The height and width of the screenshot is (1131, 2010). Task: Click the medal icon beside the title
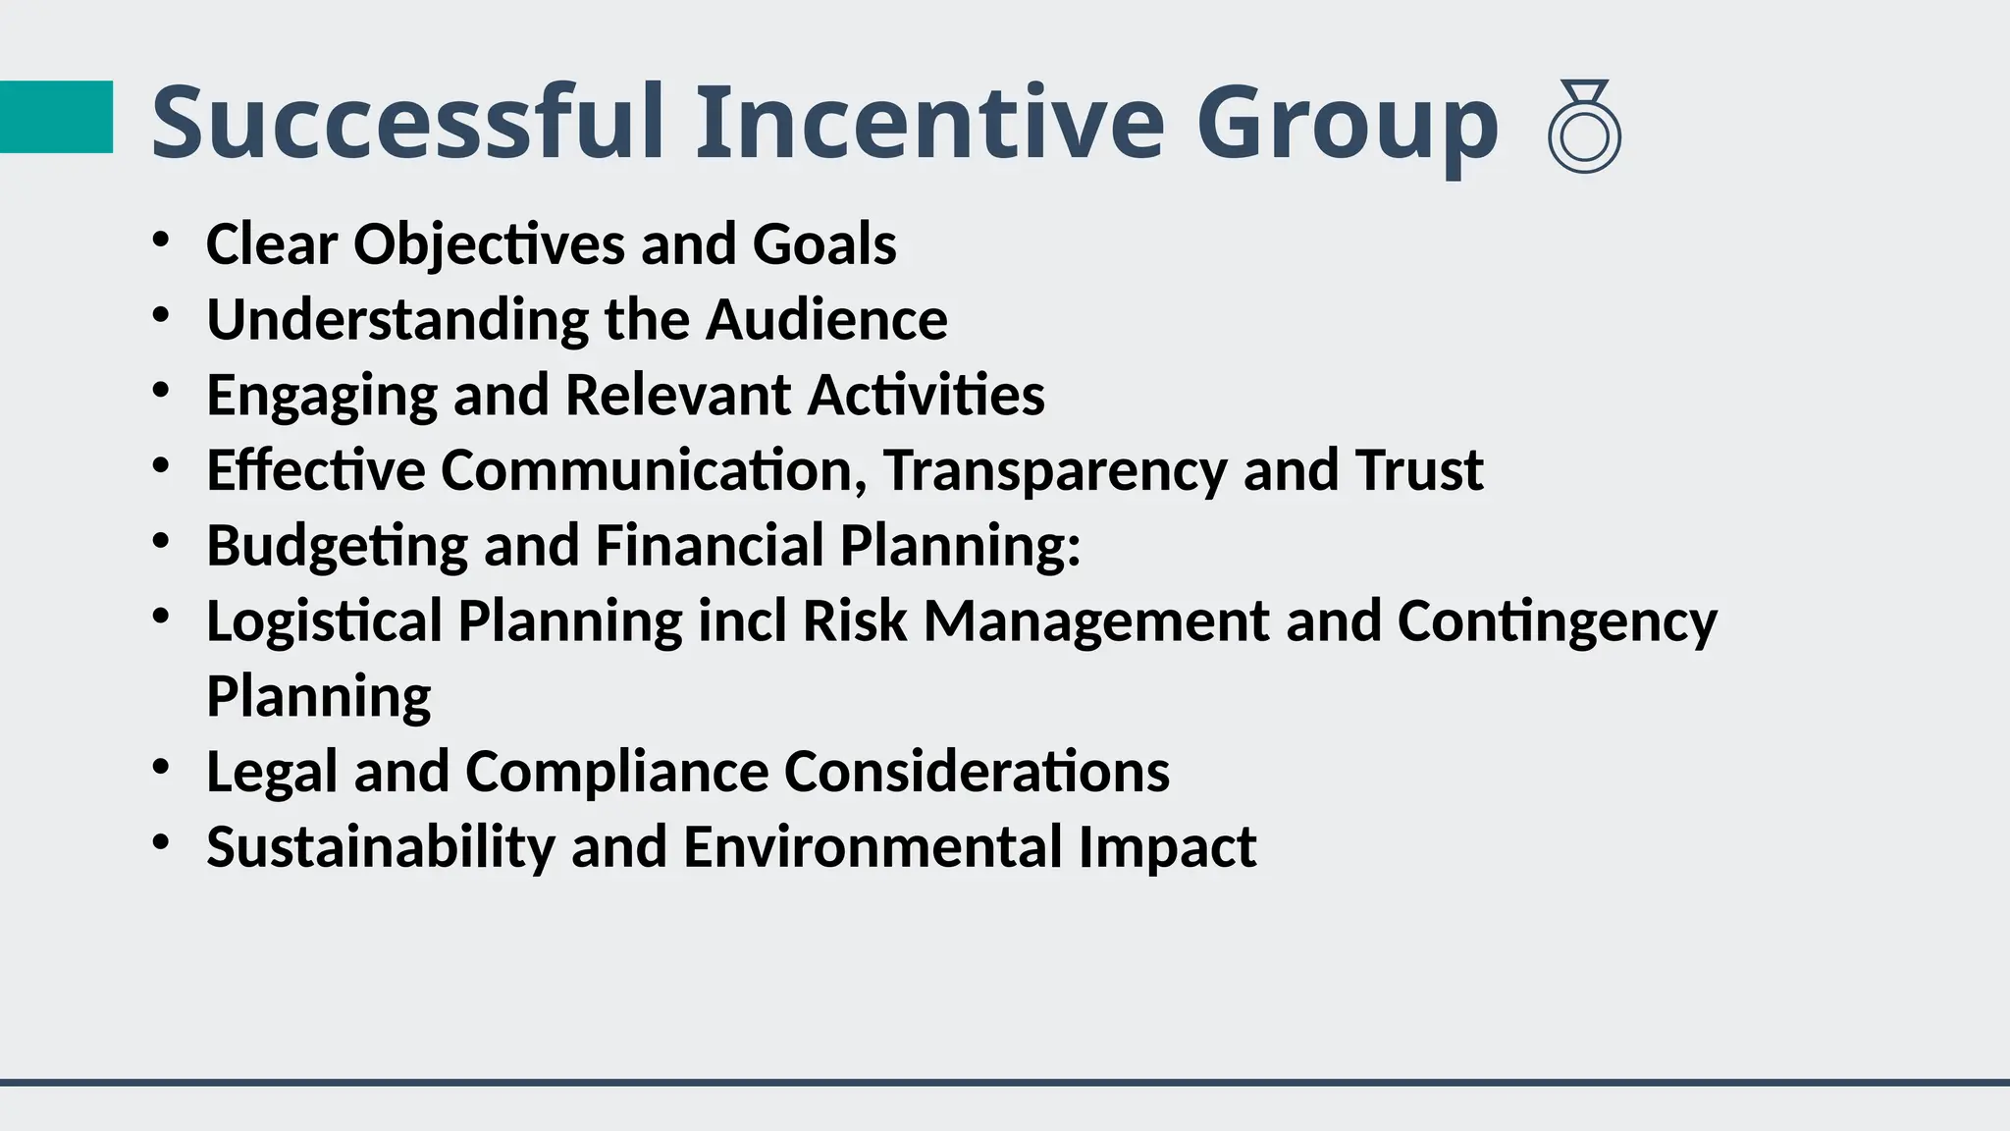[1584, 128]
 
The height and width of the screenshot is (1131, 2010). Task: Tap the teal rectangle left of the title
[56, 117]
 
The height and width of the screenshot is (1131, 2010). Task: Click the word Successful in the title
[407, 123]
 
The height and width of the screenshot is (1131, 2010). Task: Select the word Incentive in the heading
[929, 123]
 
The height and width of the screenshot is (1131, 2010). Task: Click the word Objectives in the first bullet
[489, 243]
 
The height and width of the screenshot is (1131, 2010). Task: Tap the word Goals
[824, 243]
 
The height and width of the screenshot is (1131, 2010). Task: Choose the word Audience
[826, 319]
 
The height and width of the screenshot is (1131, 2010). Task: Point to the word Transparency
[1055, 471]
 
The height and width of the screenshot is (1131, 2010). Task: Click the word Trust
[1418, 469]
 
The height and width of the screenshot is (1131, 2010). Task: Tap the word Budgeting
[337, 547]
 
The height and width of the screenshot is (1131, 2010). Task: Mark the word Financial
[709, 545]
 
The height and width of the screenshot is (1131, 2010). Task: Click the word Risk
[854, 620]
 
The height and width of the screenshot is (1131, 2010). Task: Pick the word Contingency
[1557, 622]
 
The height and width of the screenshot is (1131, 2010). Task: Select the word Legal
[272, 773]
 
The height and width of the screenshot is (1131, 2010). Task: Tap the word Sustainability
[381, 847]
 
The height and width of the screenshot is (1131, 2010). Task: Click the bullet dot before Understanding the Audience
[162, 316]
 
